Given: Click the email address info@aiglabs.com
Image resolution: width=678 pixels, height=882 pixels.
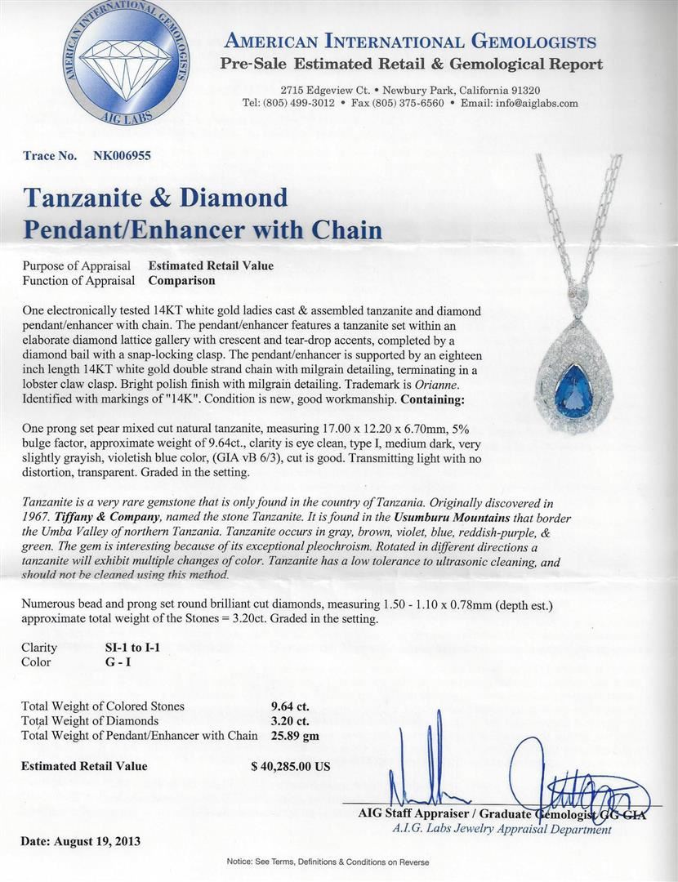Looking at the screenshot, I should coord(532,103).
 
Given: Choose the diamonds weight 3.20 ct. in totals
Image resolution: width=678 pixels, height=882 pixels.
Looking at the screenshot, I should coord(289,721).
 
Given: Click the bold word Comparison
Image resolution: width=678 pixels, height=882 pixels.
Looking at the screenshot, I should coord(181,280).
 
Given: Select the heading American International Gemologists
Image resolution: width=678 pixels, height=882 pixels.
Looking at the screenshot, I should coord(410,42).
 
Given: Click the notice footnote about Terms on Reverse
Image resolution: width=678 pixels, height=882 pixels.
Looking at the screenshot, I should coord(338,862).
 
